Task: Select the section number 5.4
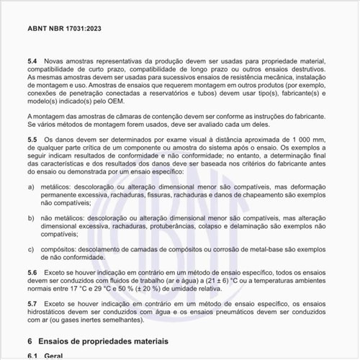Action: pos(32,62)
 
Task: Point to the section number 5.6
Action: pos(32,274)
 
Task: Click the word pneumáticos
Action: pos(248,314)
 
